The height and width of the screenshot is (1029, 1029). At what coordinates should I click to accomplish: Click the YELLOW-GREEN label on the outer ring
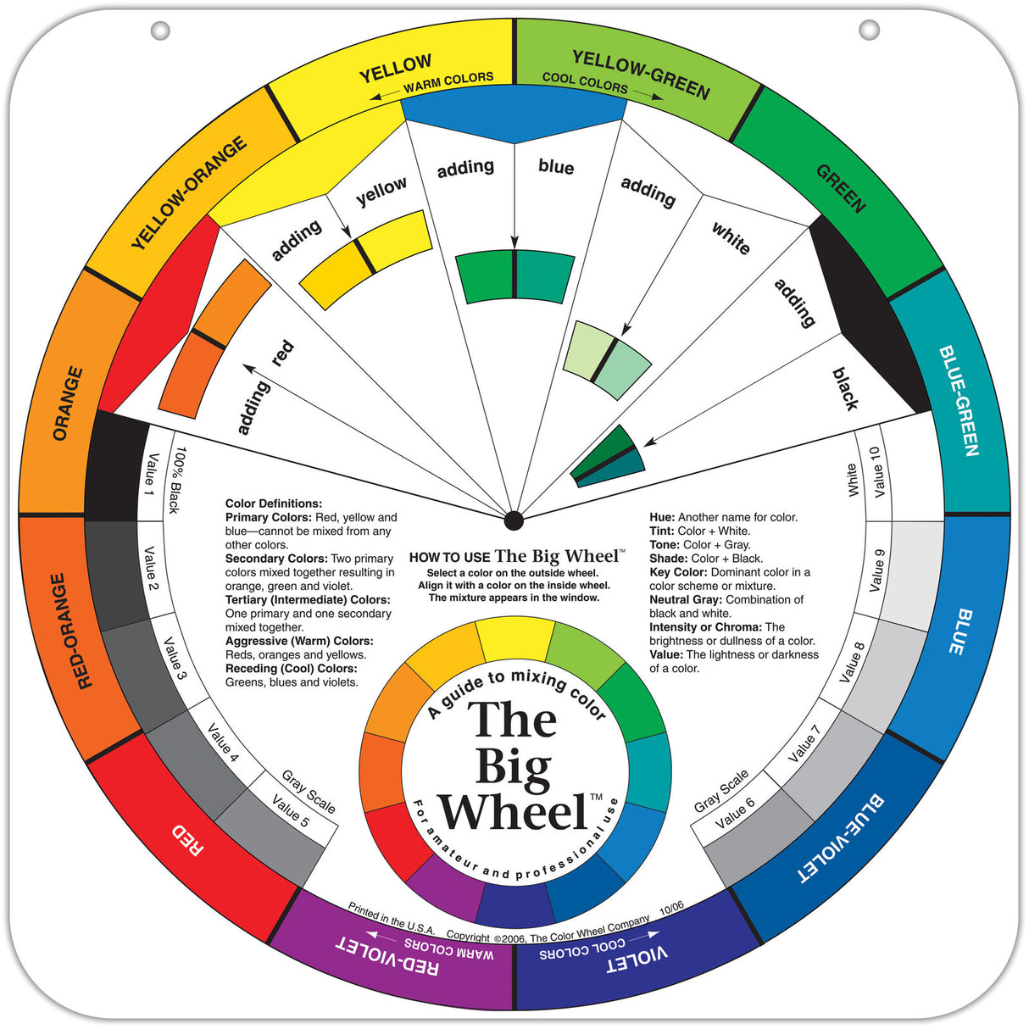pos(641,74)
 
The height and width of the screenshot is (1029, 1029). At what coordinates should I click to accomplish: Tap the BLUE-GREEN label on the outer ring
pos(959,400)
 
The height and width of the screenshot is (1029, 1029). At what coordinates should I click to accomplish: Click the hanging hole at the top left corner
pos(159,31)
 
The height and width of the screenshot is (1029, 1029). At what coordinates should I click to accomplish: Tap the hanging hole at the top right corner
pos(869,31)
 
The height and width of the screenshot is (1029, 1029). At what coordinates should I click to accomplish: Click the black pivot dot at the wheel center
pos(513,520)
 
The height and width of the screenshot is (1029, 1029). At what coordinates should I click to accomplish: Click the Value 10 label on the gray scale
pos(876,472)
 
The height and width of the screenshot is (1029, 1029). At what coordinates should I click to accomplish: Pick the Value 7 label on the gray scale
pos(804,743)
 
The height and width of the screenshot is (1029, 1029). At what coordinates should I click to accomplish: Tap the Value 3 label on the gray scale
pos(175,659)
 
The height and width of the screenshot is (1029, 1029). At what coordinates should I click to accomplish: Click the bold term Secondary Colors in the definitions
pos(276,559)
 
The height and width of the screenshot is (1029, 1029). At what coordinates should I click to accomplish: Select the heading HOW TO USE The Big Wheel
pos(516,557)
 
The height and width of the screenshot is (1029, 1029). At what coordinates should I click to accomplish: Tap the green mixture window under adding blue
pos(514,275)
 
